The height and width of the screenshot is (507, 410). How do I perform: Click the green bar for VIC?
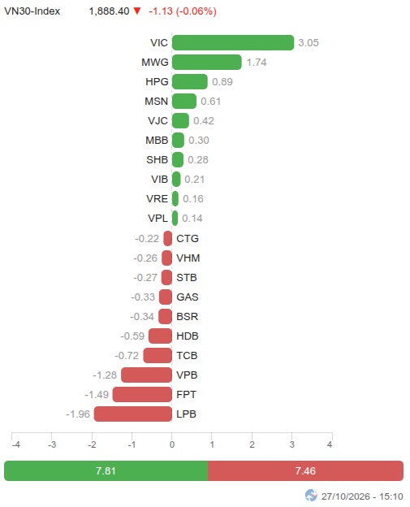233,43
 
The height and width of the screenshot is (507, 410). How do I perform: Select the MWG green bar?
207,62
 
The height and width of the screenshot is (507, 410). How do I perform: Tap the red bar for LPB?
133,414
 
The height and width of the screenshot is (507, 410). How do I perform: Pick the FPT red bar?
142,395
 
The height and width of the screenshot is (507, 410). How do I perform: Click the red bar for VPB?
146,375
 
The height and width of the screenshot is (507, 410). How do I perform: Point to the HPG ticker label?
157,82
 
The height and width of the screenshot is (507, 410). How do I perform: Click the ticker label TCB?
187,356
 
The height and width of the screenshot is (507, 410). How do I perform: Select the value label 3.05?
309,43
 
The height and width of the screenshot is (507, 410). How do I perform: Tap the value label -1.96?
78,414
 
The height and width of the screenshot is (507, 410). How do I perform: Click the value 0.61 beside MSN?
210,102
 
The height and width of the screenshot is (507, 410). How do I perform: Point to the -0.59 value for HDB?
132,336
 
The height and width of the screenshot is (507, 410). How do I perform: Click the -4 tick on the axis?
15,444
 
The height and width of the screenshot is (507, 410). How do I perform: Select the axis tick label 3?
292,444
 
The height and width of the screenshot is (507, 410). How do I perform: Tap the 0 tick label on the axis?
172,444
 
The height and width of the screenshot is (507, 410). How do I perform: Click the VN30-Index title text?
32,11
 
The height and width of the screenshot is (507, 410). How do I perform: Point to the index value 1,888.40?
110,11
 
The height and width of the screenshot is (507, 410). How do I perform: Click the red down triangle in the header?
137,11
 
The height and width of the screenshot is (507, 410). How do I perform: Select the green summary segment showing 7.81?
106,470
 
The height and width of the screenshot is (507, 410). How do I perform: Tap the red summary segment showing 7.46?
305,470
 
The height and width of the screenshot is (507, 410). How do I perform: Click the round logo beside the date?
311,495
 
